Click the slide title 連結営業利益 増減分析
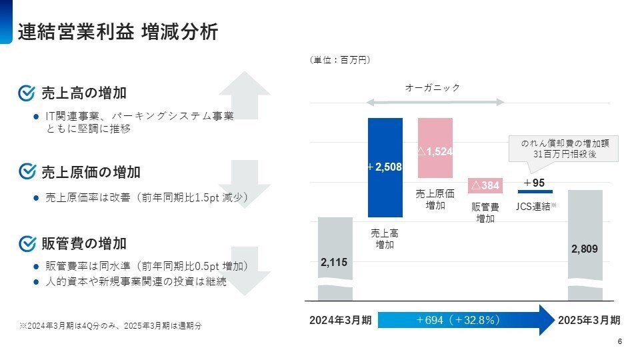click(118, 31)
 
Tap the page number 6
click(620, 342)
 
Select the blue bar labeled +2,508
click(385, 167)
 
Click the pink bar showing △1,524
click(435, 149)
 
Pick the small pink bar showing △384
click(485, 185)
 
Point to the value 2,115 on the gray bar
click(335, 263)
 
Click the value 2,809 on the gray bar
click(585, 249)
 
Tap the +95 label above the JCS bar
click(535, 183)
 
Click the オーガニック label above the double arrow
click(433, 88)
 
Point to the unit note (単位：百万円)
click(340, 61)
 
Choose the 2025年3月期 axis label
click(589, 320)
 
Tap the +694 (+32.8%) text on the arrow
click(459, 320)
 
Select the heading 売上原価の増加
click(91, 172)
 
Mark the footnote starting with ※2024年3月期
click(110, 326)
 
